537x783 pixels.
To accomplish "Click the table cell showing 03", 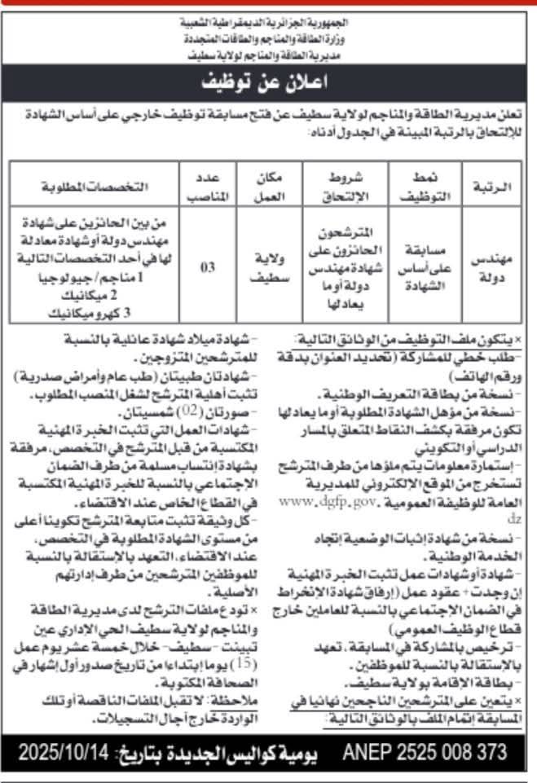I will coord(208,266).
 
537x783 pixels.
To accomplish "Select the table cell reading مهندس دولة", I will coord(492,266).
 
